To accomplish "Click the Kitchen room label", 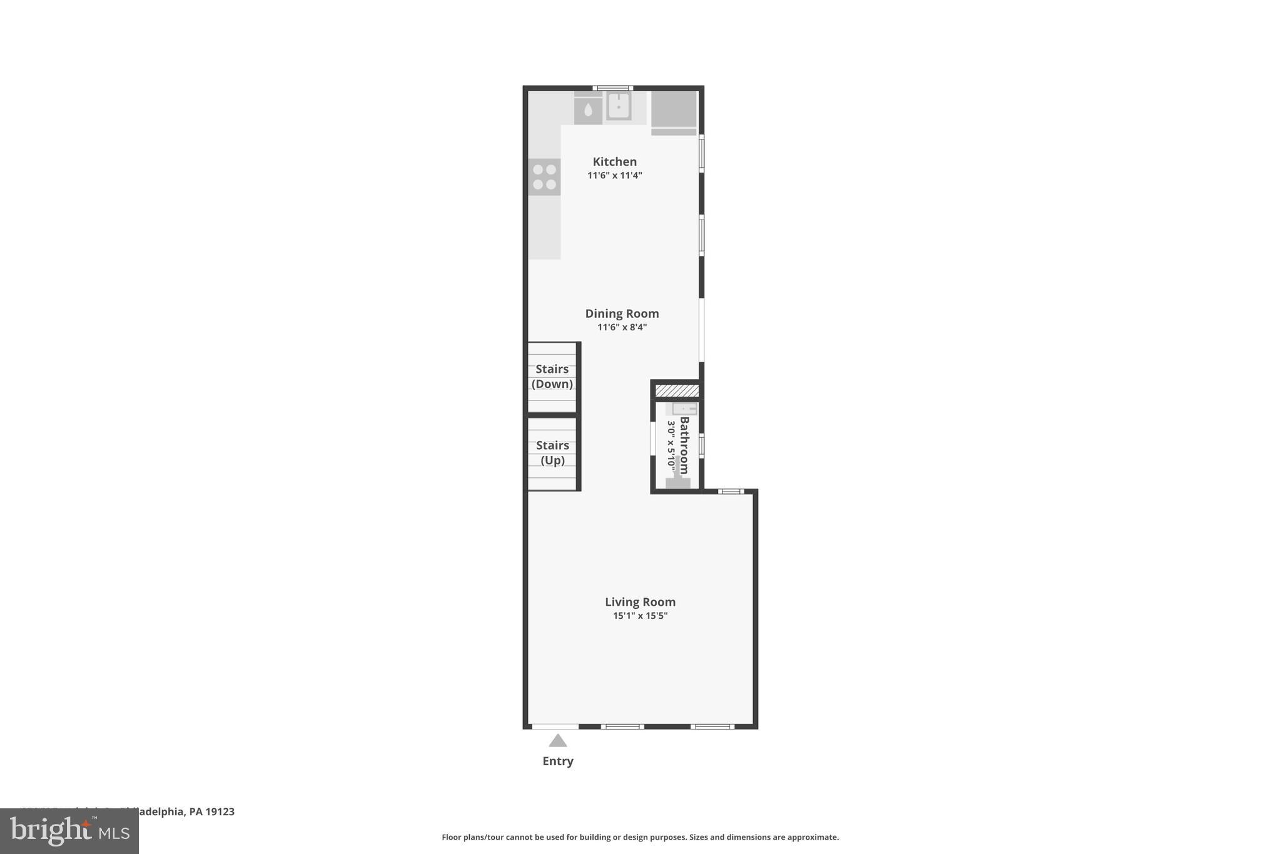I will point(614,161).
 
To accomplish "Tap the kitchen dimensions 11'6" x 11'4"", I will point(614,176).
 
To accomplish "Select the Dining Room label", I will point(622,313).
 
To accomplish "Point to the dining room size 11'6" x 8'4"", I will point(622,327).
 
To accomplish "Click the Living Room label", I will point(640,602).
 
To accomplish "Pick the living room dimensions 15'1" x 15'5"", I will point(640,616).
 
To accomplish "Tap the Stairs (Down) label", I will point(552,377).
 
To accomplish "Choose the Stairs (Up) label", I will point(552,453).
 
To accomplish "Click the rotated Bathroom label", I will point(684,445).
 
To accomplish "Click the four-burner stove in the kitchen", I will point(544,177).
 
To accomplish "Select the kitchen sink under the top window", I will point(618,106).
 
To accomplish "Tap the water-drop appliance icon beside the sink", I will point(588,111).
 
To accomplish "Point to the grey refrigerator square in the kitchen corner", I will point(674,109).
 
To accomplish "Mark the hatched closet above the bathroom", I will point(677,390).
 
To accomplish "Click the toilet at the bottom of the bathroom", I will point(677,479).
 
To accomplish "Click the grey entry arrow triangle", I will point(558,741).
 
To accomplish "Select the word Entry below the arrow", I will point(558,761).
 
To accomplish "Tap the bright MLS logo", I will point(69,831).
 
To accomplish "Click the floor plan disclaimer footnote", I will point(640,837).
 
